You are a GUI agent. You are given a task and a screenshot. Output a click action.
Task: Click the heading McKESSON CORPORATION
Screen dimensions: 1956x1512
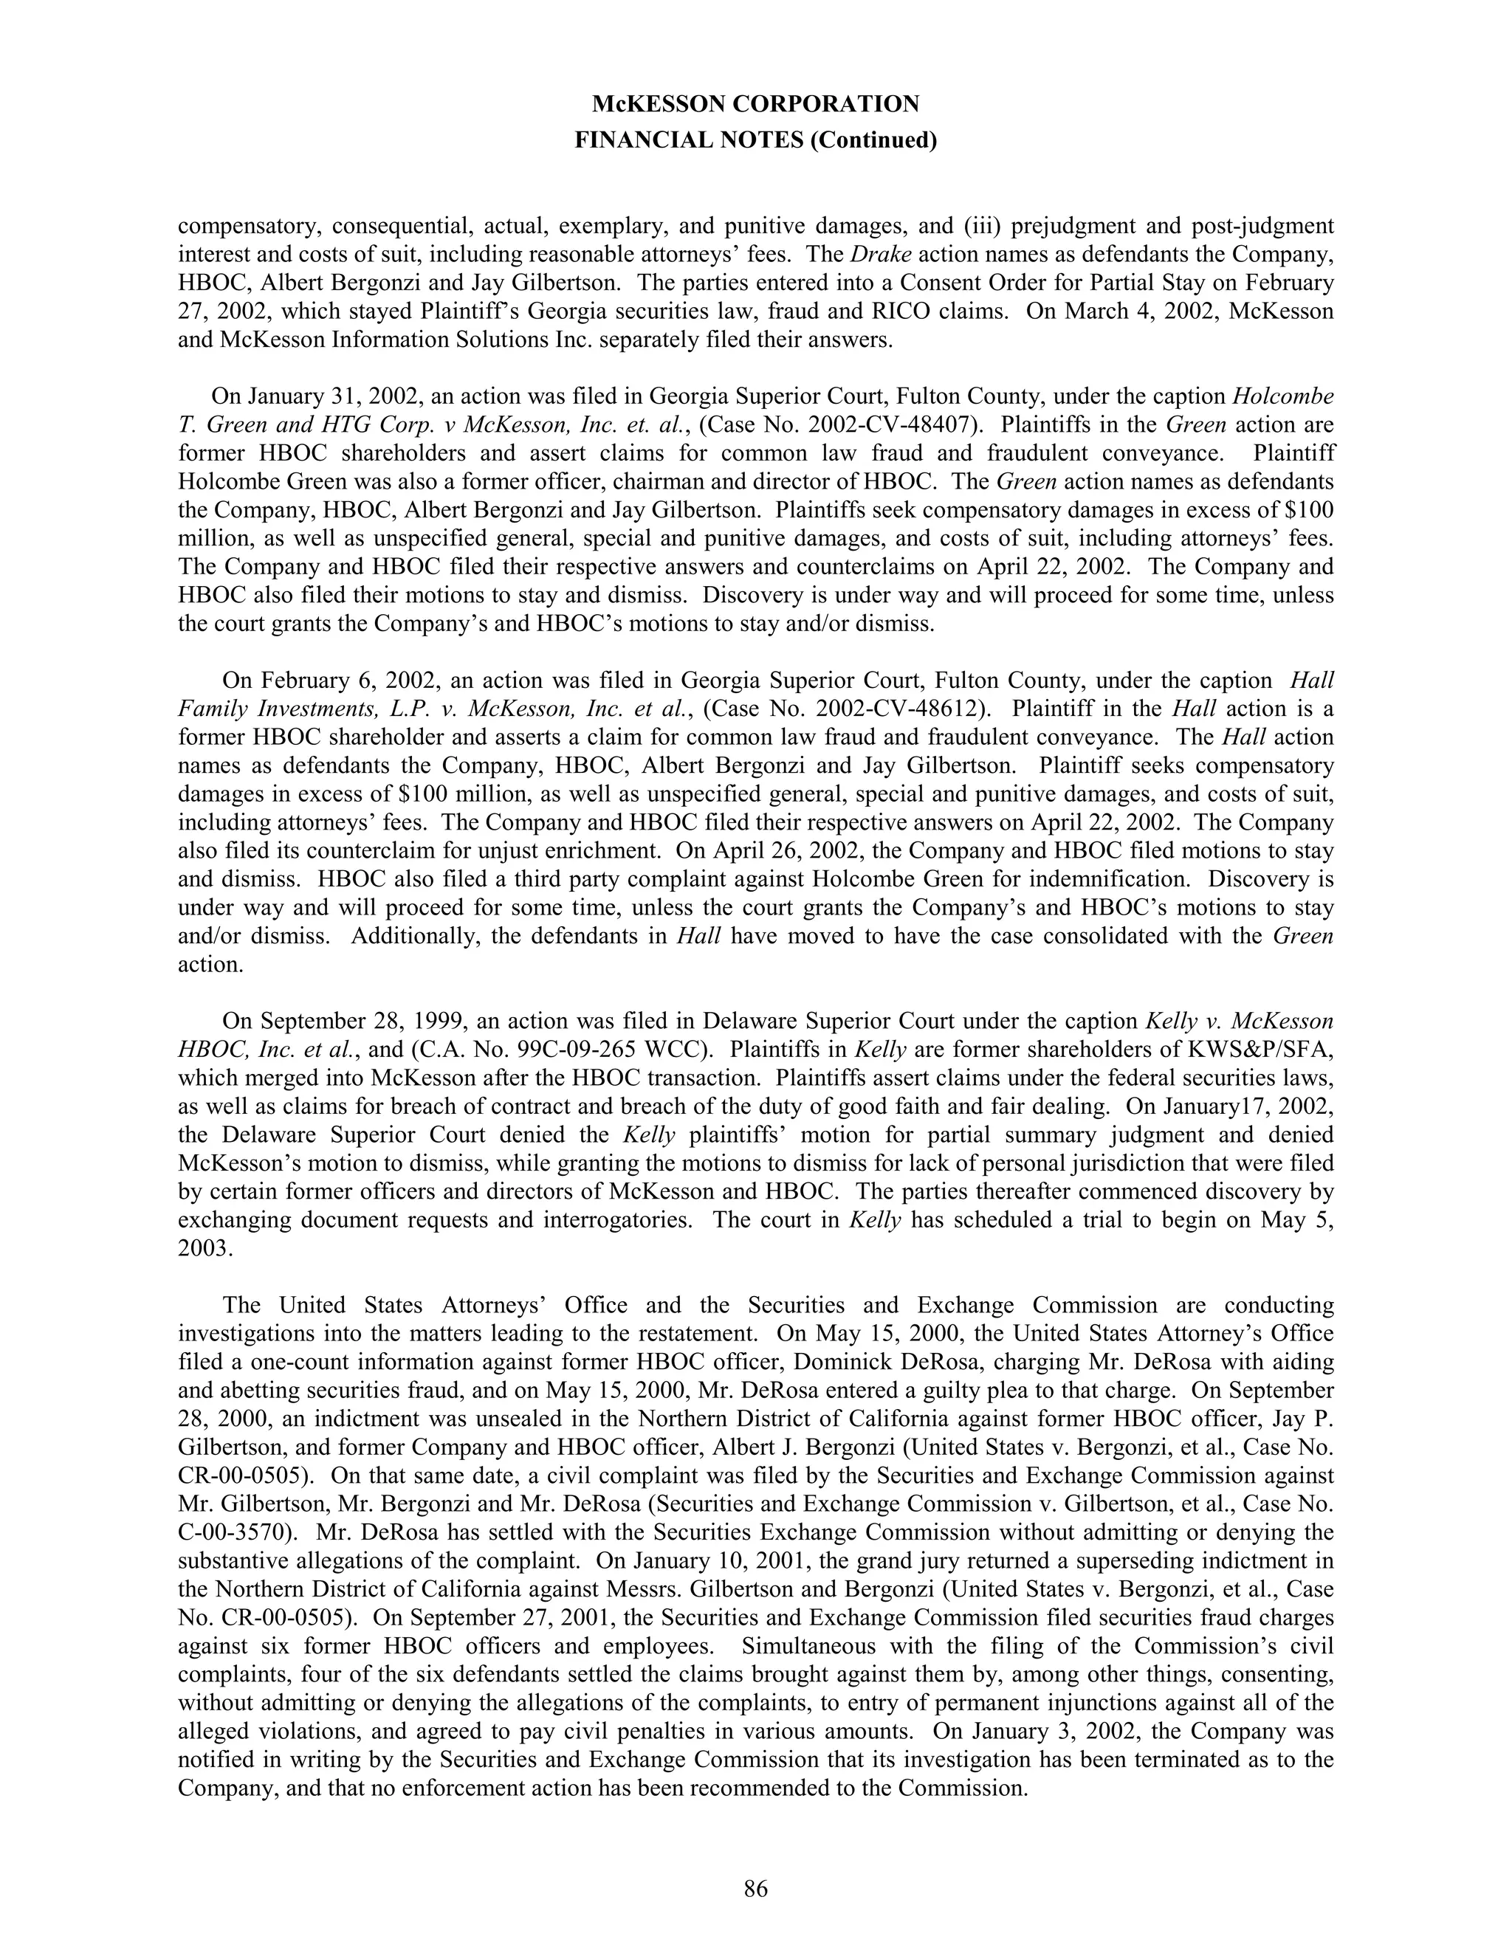[755, 105]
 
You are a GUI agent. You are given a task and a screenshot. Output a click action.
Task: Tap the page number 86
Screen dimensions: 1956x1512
[755, 1889]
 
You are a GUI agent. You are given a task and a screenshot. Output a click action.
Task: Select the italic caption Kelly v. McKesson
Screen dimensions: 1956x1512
[1240, 1022]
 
